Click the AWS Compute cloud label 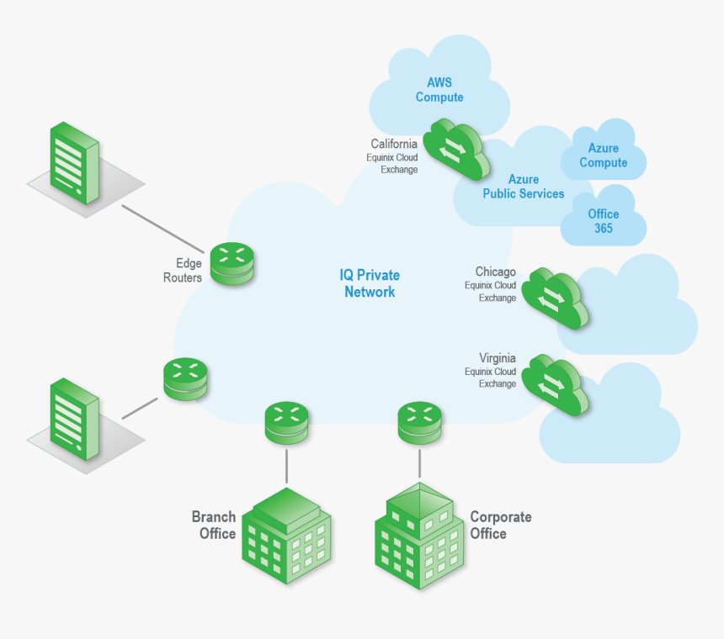tap(439, 90)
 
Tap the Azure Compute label tap(603, 156)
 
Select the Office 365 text tap(603, 221)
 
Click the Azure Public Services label tap(523, 187)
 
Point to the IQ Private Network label tap(370, 283)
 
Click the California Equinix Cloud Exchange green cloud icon tap(455, 147)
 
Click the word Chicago tap(495, 272)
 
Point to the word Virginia tap(497, 358)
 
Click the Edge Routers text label tap(183, 270)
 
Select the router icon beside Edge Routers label tap(231, 263)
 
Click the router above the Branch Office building tap(286, 423)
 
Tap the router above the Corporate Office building tap(419, 423)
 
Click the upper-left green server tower tap(73, 161)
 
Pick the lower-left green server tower tap(73, 417)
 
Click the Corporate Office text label tap(500, 525)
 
